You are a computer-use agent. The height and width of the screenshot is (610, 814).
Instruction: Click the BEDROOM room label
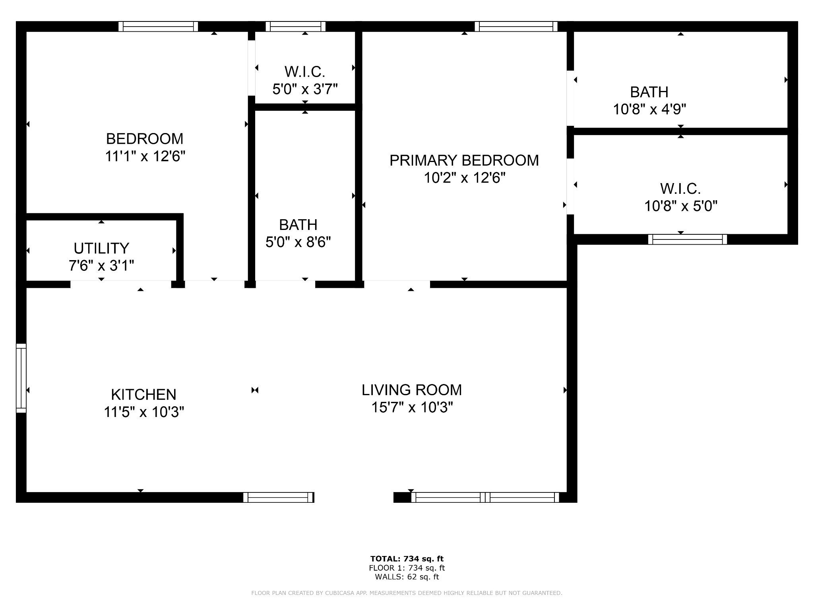(145, 139)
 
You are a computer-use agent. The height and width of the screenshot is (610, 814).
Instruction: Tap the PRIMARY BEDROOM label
(464, 160)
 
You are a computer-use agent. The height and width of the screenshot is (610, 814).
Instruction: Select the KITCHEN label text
(143, 395)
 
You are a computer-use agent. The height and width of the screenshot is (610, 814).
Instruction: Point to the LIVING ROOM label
(411, 390)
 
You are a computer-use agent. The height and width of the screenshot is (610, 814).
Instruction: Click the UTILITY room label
(101, 248)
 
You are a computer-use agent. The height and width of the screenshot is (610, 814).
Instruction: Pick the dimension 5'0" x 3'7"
(305, 89)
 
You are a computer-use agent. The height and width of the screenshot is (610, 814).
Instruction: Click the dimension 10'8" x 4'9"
(649, 109)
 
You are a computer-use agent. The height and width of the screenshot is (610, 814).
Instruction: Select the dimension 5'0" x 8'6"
(298, 242)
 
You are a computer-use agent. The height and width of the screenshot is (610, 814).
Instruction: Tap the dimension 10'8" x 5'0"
(680, 206)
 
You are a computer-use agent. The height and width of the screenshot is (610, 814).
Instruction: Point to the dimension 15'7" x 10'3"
(412, 407)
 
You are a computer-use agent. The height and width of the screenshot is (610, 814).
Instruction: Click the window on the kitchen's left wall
(21, 378)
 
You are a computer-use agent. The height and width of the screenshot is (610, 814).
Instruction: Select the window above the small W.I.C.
(295, 27)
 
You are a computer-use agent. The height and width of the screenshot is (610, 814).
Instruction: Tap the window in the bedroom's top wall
(158, 27)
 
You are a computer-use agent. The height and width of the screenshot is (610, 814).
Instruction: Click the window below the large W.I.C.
(687, 239)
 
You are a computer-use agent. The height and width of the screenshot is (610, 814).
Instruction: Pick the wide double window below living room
(485, 497)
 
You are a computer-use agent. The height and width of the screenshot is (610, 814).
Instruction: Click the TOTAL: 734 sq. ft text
(407, 559)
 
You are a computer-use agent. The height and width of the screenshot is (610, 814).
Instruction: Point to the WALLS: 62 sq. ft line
(407, 577)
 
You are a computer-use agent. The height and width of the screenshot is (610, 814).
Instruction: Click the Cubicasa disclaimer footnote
(407, 593)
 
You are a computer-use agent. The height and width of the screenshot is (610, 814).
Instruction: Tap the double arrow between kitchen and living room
(255, 390)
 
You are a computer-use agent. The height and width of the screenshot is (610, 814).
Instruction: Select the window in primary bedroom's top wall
(516, 27)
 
